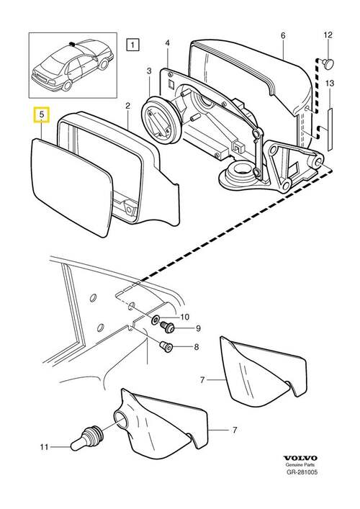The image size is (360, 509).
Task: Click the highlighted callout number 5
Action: [x=42, y=114]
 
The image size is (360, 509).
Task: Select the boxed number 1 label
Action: [x=132, y=45]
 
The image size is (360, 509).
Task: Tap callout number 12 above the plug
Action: [x=328, y=35]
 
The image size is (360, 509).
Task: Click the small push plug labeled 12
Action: [x=328, y=62]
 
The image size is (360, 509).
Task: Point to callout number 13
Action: [x=329, y=84]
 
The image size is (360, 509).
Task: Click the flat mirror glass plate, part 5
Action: [x=71, y=187]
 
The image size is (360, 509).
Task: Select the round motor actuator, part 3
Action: [x=161, y=120]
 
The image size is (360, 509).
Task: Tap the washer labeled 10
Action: [x=156, y=320]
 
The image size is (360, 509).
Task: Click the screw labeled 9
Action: [x=168, y=326]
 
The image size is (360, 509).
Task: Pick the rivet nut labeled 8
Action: [x=166, y=347]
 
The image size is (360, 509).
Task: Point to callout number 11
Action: [x=44, y=447]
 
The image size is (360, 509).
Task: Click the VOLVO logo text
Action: [x=300, y=458]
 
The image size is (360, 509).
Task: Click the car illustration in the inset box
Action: [x=73, y=66]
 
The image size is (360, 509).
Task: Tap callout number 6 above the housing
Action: [x=283, y=35]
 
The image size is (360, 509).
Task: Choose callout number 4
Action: [x=168, y=43]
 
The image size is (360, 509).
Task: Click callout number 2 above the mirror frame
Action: [x=128, y=106]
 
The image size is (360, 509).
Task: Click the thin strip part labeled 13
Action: [x=330, y=129]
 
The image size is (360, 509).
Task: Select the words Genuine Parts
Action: [x=300, y=465]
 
